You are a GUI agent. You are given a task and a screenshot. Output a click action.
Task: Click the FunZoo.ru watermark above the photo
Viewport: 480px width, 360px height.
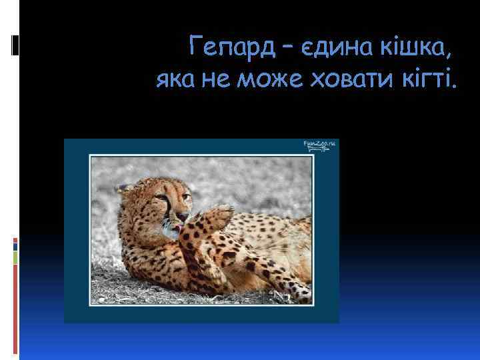click(321, 145)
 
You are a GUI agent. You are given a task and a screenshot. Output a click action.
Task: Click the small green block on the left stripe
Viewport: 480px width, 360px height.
click(16, 257)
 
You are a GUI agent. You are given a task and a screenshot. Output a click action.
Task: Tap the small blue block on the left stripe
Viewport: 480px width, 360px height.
click(16, 245)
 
